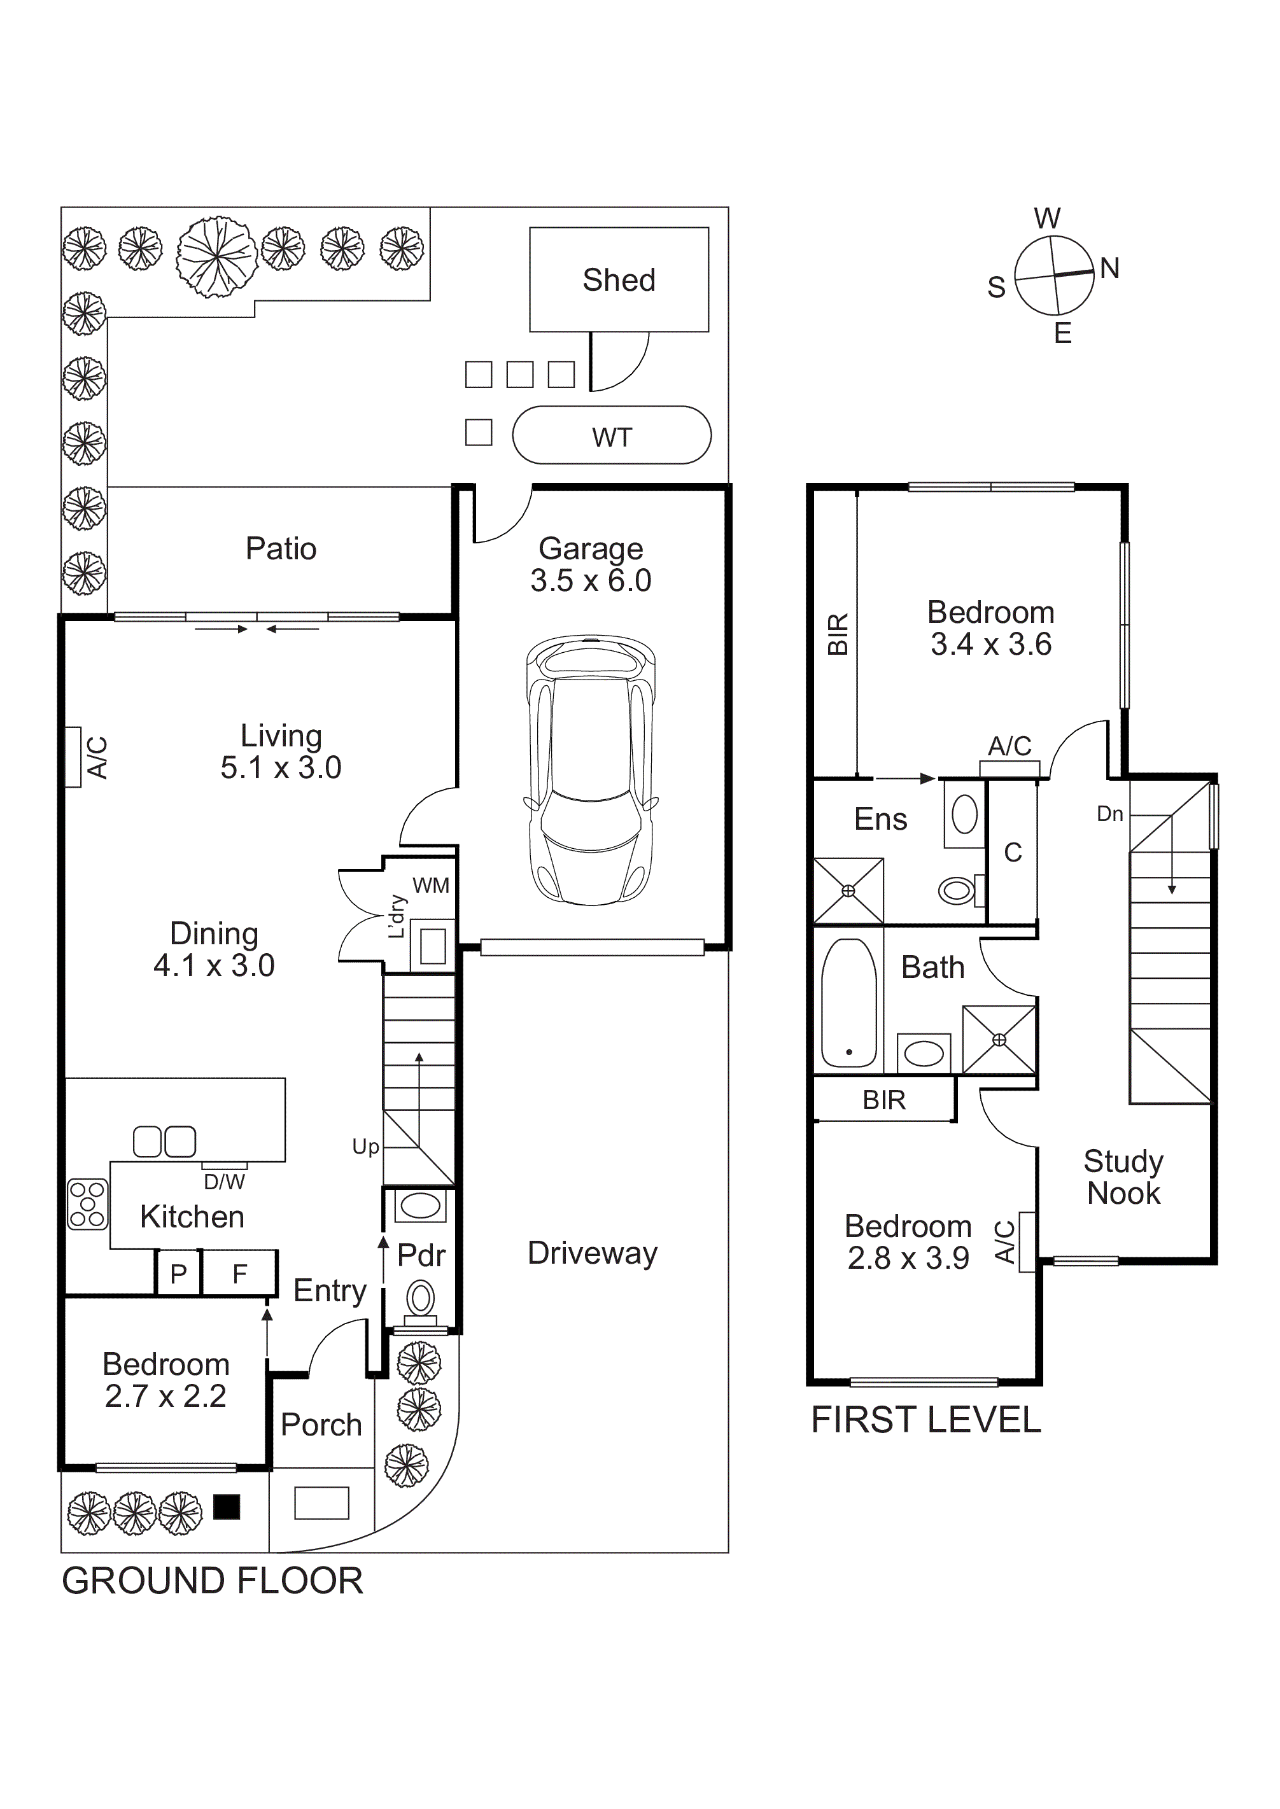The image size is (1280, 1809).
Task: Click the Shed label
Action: tap(619, 281)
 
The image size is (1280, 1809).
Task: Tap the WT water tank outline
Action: tap(612, 436)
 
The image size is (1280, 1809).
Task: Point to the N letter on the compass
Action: tap(1110, 269)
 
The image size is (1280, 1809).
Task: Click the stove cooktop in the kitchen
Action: tap(87, 1204)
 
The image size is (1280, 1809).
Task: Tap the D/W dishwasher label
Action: tap(224, 1182)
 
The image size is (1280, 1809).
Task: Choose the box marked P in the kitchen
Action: tap(179, 1273)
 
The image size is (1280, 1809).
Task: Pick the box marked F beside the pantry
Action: tap(239, 1273)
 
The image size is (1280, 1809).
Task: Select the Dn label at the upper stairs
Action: tap(1110, 814)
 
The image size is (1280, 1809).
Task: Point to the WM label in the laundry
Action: tap(431, 886)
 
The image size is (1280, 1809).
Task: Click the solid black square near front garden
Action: tap(227, 1507)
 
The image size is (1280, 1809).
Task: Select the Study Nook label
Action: tap(1123, 1177)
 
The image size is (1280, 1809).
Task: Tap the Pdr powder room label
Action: tap(421, 1256)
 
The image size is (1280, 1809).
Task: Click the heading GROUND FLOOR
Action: tap(212, 1581)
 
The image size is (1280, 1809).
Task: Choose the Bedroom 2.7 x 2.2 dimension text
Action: tap(165, 1396)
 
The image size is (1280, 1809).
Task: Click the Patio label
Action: tap(281, 549)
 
